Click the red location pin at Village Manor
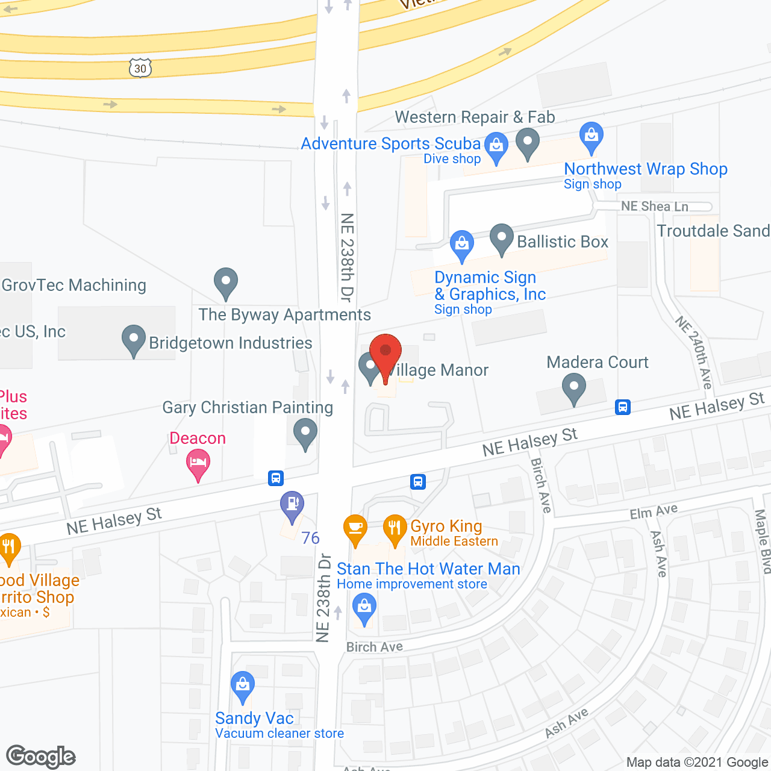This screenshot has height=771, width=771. click(385, 353)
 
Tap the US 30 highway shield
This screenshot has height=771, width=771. click(140, 68)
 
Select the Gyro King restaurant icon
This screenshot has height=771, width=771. click(395, 528)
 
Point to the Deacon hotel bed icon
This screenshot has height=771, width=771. click(198, 464)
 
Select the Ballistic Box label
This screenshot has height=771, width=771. click(563, 242)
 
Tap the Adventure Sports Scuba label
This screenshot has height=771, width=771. click(390, 143)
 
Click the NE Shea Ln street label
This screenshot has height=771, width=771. click(654, 207)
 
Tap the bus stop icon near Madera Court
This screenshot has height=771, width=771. click(622, 407)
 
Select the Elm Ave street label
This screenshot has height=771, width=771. click(654, 512)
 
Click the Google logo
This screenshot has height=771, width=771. click(40, 757)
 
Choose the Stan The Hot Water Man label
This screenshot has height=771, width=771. click(428, 569)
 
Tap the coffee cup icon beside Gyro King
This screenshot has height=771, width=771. click(355, 528)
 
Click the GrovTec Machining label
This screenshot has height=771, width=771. click(74, 285)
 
